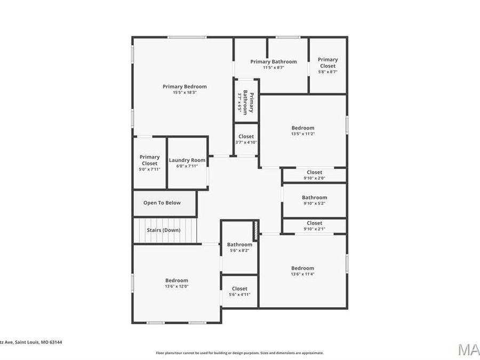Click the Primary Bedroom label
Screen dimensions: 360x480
(185, 86)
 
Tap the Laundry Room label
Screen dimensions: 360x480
(187, 160)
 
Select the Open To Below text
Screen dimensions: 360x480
(162, 203)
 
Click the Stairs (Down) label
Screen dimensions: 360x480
(164, 230)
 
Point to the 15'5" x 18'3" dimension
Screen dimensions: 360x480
(185, 93)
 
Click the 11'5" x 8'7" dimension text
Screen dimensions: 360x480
(274, 68)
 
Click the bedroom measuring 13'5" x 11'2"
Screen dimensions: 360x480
(302, 131)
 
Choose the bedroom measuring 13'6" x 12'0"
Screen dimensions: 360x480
(177, 283)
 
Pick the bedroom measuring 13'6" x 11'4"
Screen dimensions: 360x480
(302, 271)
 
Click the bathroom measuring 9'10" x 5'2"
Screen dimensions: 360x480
(314, 200)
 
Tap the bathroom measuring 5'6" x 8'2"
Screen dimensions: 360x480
(239, 247)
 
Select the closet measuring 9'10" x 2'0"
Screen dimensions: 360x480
(314, 175)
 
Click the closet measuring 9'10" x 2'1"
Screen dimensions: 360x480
(314, 226)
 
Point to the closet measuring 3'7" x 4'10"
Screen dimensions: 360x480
(246, 139)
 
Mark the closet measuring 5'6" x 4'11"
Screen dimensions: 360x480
(239, 291)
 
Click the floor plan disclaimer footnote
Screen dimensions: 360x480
(239, 353)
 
